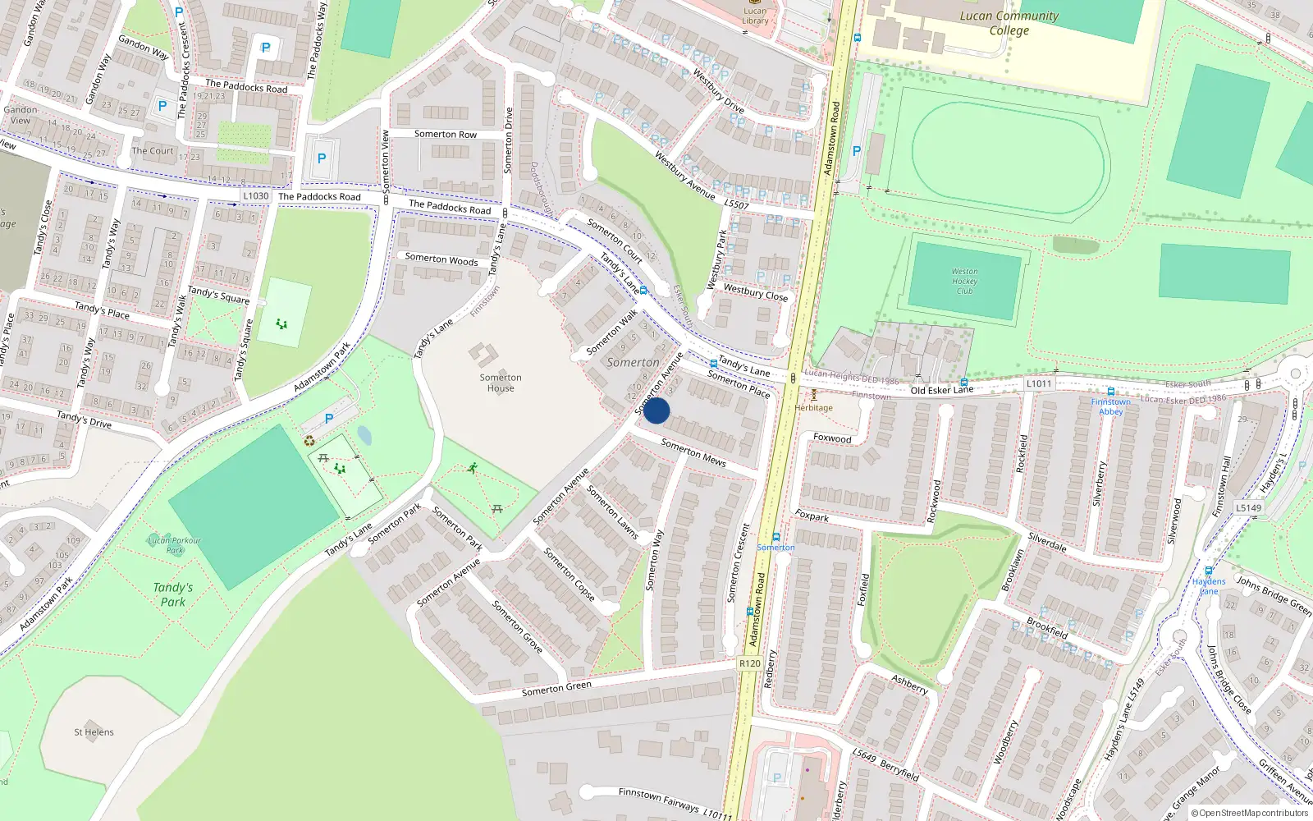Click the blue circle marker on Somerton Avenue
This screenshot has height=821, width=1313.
(656, 410)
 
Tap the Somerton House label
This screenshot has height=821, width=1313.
(501, 383)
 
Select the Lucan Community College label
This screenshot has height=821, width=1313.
(1009, 23)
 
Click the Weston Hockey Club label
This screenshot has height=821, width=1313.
(964, 281)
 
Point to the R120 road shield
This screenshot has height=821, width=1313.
(749, 663)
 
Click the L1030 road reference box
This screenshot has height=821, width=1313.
(256, 195)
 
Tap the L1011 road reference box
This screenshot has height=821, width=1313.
(1038, 383)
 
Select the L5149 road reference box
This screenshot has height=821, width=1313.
(1248, 507)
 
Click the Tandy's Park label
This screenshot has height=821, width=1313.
(172, 594)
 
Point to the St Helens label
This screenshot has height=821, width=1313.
(94, 732)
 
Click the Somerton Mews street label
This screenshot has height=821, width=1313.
(693, 452)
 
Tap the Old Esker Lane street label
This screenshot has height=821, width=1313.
(942, 390)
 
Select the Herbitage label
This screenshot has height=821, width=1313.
(813, 407)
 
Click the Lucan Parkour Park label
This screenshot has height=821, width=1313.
(174, 545)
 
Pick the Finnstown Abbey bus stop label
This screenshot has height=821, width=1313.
(1110, 406)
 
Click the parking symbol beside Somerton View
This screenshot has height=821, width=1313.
(322, 158)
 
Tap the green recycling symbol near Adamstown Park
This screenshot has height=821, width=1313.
(309, 441)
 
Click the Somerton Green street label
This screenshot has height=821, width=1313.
(556, 689)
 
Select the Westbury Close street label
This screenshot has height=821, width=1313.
(756, 292)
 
